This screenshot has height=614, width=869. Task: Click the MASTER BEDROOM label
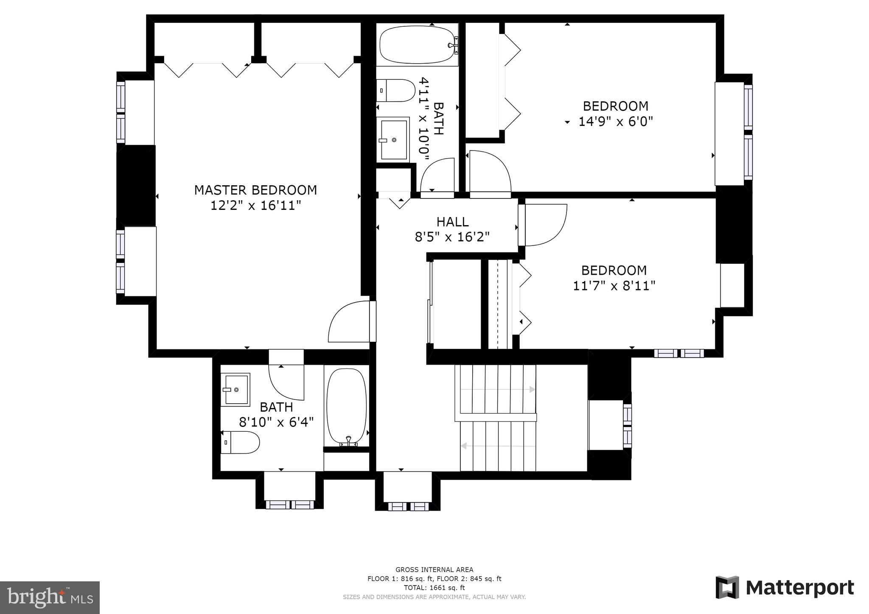255,190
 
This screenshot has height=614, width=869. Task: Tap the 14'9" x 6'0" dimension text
615,122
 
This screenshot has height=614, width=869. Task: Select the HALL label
452,222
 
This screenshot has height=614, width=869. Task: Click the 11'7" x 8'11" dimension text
614,286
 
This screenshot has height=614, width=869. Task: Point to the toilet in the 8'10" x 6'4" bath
240,442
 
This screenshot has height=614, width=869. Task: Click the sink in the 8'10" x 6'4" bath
235,389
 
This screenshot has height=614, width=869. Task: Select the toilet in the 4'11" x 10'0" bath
396,90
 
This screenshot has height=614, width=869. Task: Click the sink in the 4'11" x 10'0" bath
393,140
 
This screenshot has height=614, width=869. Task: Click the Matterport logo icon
727,587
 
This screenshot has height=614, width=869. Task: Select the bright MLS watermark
50,597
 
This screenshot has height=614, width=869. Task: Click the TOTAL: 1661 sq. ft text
434,588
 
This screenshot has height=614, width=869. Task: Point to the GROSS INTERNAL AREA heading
434,570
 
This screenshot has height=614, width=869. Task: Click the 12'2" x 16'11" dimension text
255,206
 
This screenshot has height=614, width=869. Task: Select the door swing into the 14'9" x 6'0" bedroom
490,172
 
